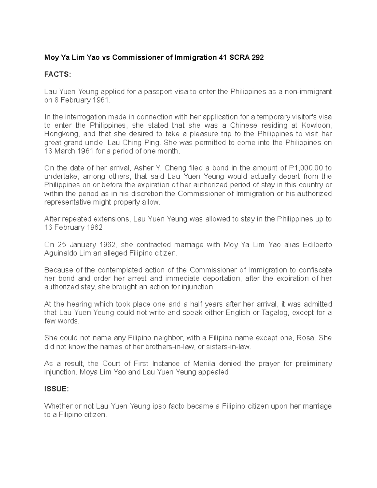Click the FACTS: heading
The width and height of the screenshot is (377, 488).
[x=58, y=74]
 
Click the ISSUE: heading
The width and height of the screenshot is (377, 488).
[x=56, y=389]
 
